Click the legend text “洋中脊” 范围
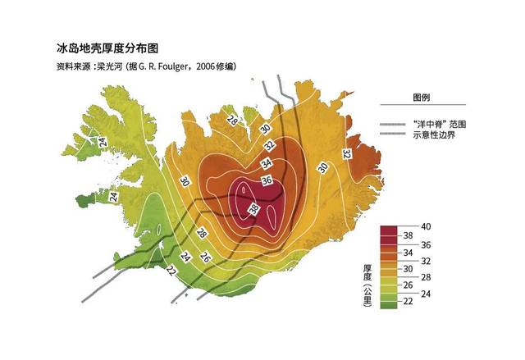tap(442, 124)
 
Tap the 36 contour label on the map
tap(266, 180)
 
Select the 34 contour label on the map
tap(266, 164)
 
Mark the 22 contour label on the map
tap(171, 272)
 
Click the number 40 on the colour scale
tap(425, 226)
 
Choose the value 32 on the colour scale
tap(425, 261)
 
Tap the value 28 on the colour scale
tap(425, 279)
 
